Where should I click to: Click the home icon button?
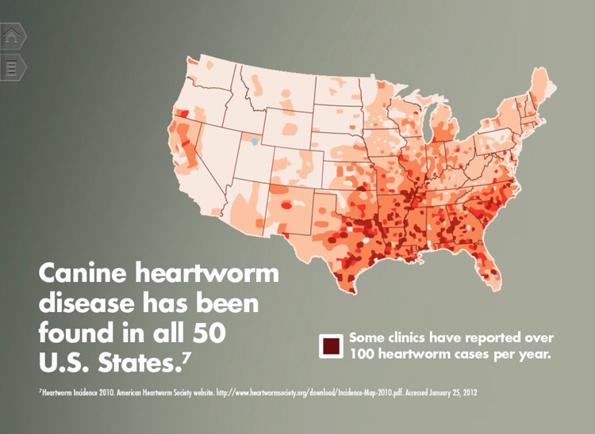(13, 36)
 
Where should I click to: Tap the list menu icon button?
(13, 67)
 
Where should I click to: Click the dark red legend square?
(330, 345)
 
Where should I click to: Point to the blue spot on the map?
(255, 142)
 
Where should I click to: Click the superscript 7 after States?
(186, 358)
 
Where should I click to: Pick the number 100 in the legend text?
(363, 352)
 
